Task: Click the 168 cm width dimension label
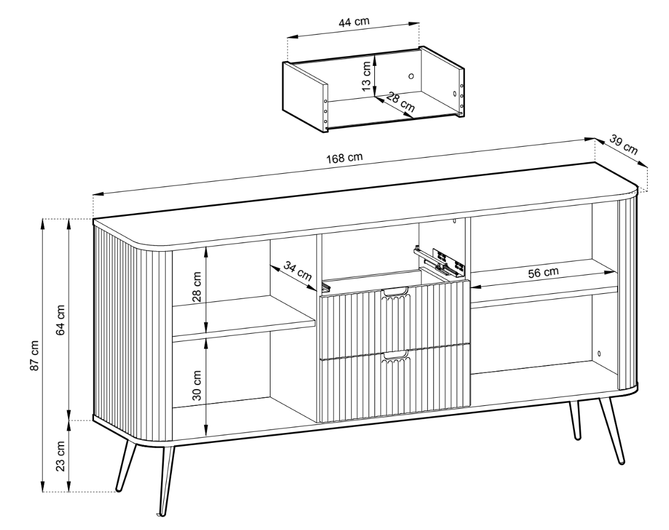coord(345,158)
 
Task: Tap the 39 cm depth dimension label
coord(624,145)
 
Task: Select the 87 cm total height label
coord(35,355)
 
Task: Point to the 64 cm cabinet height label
coord(61,320)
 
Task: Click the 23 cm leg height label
coord(61,456)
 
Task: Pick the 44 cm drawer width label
coord(354,22)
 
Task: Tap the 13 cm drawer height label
coord(366,76)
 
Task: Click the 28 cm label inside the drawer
coord(401,103)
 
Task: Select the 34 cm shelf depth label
coord(298,271)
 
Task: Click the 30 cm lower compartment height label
coord(197,385)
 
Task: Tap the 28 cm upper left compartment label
coord(197,286)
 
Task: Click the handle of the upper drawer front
coord(395,293)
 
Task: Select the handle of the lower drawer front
coord(395,355)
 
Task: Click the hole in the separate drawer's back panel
coord(411,76)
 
